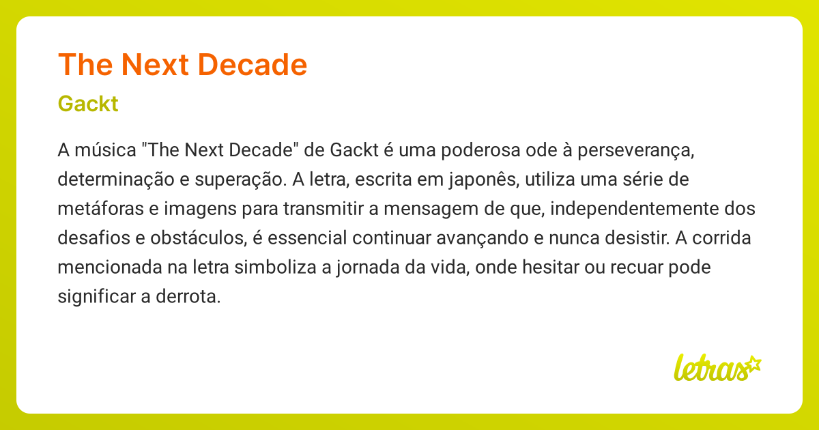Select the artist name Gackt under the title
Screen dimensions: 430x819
[x=88, y=104]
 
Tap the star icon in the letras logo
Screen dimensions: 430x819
[x=753, y=364]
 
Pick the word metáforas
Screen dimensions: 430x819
[x=101, y=208]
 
